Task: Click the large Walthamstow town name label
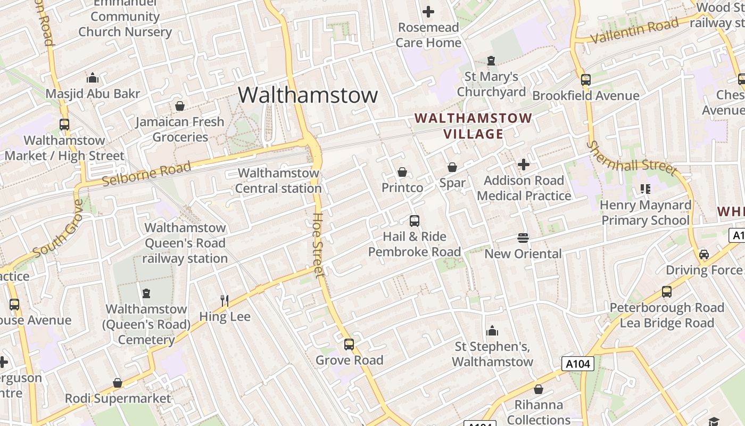click(308, 95)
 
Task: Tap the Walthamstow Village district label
click(473, 126)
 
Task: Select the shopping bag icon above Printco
click(402, 172)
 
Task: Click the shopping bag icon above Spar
click(452, 167)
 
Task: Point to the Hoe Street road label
click(318, 245)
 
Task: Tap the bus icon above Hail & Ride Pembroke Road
click(415, 220)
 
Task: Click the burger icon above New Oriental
click(523, 238)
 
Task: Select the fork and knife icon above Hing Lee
click(225, 301)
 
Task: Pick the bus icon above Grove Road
click(349, 345)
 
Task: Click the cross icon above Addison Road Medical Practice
click(524, 165)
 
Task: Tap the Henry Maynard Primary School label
click(645, 212)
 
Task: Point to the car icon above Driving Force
click(704, 255)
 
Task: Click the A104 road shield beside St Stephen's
click(577, 364)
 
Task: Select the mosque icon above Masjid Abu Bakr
click(93, 78)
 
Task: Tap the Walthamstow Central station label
click(278, 181)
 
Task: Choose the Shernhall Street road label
click(632, 158)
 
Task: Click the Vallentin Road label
click(635, 30)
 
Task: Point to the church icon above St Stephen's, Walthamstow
click(492, 331)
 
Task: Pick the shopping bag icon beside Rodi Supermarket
click(118, 383)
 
